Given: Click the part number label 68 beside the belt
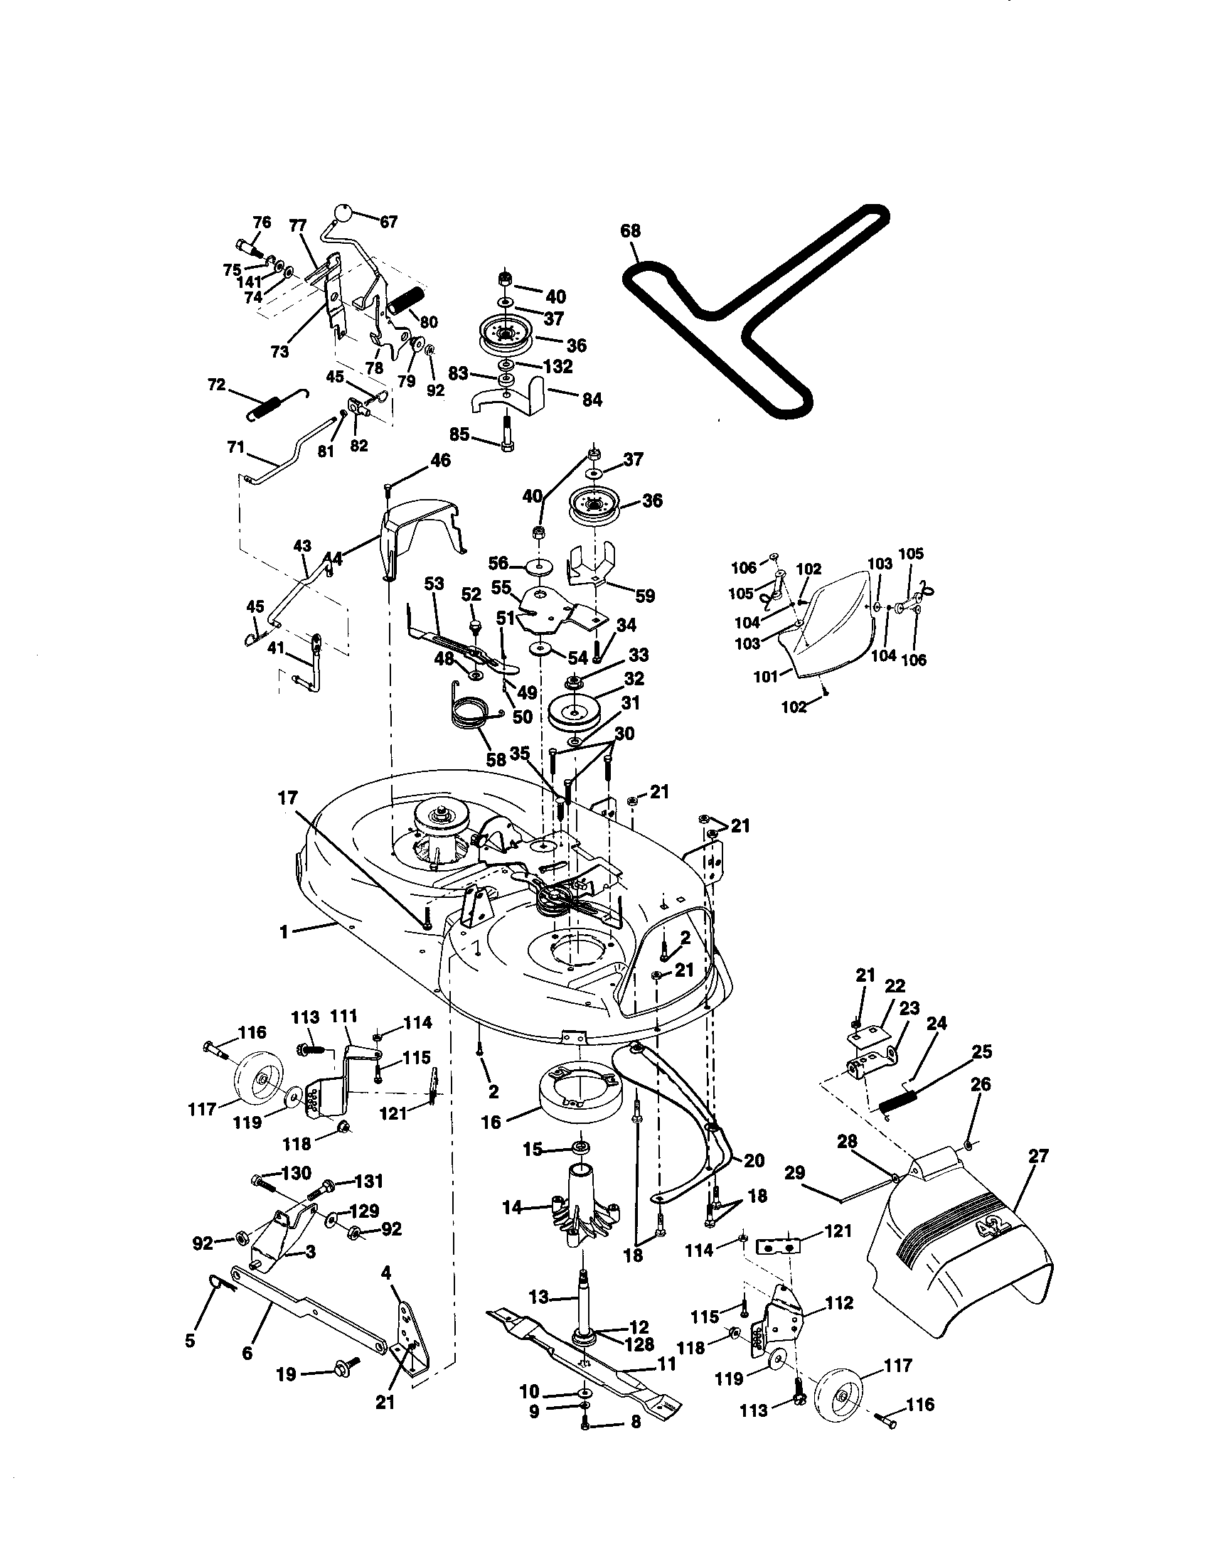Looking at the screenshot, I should [631, 231].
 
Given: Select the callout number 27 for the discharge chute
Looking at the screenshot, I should [1037, 1156].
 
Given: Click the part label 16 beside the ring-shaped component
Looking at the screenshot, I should [491, 1122].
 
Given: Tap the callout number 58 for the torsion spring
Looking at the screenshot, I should [496, 760].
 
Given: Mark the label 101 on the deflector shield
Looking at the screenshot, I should [766, 675].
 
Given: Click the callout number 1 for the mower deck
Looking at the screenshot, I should [284, 932].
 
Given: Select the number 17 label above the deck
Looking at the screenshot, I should [287, 798].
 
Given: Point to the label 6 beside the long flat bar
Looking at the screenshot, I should [247, 1353].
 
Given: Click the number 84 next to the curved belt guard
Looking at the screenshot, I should [592, 400].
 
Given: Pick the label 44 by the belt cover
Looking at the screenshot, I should [333, 558].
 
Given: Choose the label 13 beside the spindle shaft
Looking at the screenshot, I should [538, 1297].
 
